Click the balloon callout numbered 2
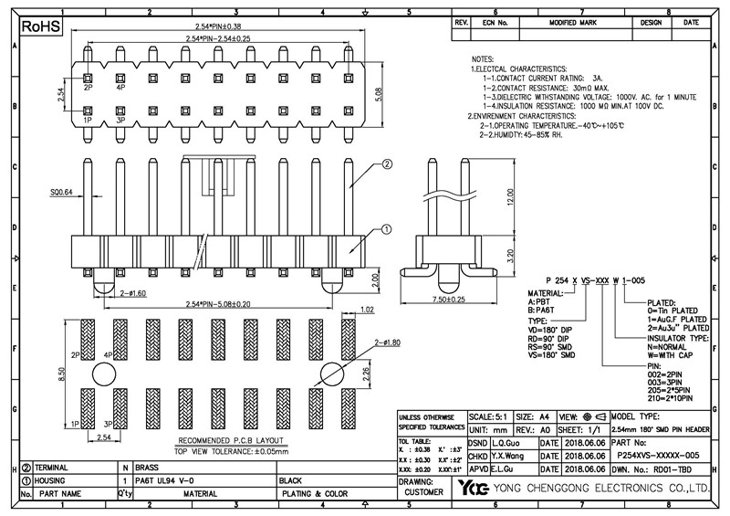pos(387,164)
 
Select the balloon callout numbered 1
pos(387,229)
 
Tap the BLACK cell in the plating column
pos(290,479)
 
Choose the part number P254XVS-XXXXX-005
pos(658,454)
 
